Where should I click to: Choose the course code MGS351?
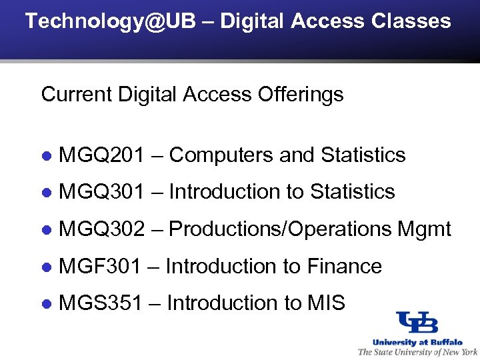tap(101, 303)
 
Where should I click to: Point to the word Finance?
tap(344, 267)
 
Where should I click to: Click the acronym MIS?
tap(326, 303)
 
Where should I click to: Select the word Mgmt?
tap(424, 229)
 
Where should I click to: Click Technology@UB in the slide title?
tap(111, 21)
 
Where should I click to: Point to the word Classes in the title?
tap(411, 21)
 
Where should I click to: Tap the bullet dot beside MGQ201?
tap(47, 156)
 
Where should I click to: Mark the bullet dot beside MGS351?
tap(47, 304)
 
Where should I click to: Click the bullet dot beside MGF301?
tap(47, 267)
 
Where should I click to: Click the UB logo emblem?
tap(417, 322)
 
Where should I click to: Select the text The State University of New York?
tap(418, 351)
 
